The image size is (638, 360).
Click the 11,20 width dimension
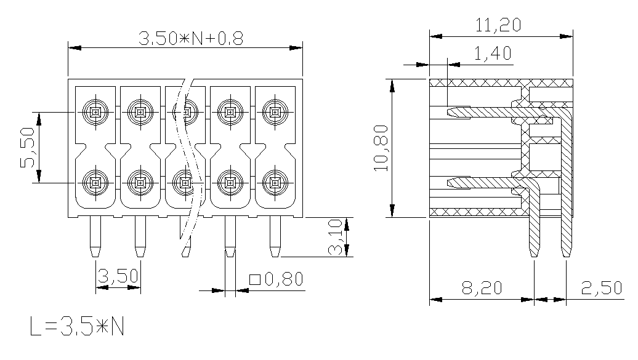point(498,25)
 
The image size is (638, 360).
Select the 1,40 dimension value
point(493,54)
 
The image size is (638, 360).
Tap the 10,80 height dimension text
point(381,148)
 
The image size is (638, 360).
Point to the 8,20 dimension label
point(482,288)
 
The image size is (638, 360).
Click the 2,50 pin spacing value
point(602,288)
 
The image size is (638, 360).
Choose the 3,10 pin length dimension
point(336,237)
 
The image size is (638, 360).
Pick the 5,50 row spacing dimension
point(28,148)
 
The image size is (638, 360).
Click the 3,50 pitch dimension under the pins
point(118,276)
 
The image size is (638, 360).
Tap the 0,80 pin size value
point(284,279)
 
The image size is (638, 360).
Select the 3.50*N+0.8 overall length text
point(191,39)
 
